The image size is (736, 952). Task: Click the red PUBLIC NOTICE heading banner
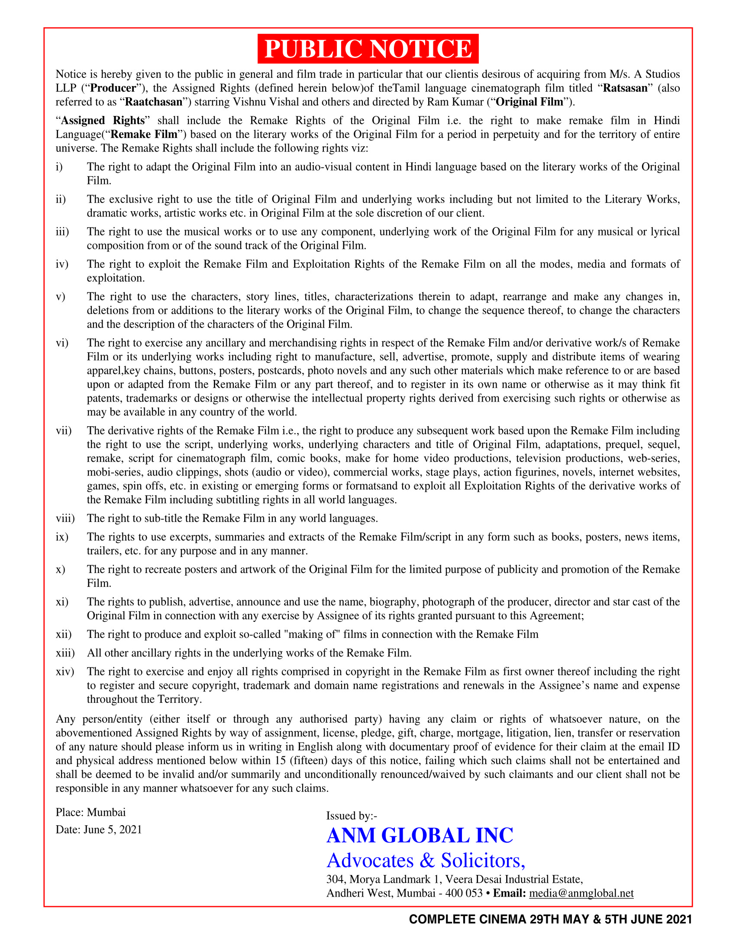click(368, 49)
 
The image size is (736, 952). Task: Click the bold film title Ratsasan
click(625, 88)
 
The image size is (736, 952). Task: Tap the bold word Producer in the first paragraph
click(113, 88)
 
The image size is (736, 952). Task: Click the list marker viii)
click(65, 518)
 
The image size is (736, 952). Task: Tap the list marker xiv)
click(65, 671)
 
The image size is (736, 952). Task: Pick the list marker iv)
click(62, 264)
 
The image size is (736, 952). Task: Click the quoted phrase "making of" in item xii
click(311, 634)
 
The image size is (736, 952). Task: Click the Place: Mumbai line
click(90, 813)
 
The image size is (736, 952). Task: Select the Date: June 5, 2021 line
click(99, 830)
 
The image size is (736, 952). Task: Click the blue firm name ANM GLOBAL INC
click(420, 836)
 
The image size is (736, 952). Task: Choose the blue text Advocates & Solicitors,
click(426, 860)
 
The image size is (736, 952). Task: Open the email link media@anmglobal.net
click(581, 893)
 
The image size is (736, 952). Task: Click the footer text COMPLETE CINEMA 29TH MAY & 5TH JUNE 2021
click(550, 919)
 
